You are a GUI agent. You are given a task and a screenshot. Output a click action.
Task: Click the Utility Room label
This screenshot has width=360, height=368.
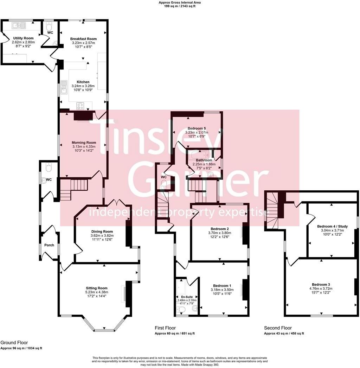click(x=23, y=38)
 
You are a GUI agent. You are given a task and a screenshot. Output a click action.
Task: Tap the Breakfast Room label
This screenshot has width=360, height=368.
click(x=83, y=39)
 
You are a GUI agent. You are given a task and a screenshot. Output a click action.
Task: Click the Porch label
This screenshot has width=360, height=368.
click(x=49, y=245)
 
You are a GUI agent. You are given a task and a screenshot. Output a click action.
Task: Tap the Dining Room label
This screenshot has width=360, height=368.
click(x=102, y=231)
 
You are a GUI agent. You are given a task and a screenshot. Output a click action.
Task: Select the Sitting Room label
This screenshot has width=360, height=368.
click(x=96, y=288)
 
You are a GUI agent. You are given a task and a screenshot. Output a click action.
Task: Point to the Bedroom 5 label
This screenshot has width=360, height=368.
click(x=197, y=128)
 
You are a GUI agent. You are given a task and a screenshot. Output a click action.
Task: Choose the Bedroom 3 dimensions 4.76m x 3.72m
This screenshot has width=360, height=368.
click(x=321, y=289)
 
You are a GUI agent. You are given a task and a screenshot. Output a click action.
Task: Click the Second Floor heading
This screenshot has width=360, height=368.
click(x=278, y=328)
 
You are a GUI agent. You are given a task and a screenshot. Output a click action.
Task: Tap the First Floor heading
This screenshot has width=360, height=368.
click(x=165, y=328)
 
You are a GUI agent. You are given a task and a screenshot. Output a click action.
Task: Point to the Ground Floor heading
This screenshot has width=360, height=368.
click(x=14, y=342)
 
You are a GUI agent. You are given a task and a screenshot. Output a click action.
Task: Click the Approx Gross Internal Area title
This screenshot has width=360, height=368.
click(x=180, y=2)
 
